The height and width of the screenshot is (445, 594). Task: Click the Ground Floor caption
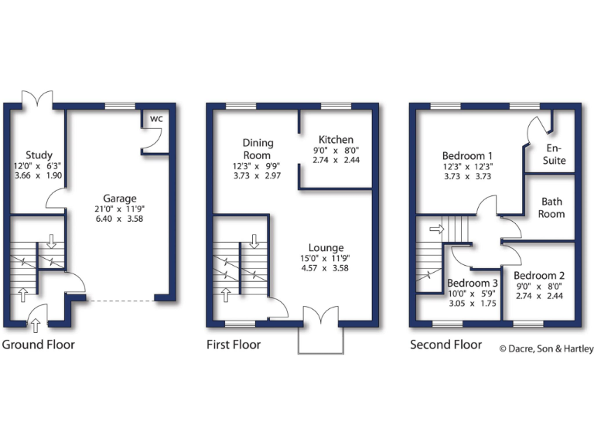point(39,345)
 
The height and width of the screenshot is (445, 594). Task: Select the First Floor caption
point(234,345)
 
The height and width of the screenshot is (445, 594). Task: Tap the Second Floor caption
point(445,345)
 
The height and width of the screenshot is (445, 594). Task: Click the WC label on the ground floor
point(156,119)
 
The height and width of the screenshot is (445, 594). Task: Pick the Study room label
point(39,155)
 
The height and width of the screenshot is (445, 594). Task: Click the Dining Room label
point(257,149)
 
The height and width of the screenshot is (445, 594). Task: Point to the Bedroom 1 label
point(468,155)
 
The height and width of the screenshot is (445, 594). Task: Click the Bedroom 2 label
point(539,276)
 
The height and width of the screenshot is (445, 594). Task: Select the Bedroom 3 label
point(472,283)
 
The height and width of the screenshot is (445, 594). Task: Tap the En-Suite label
point(555,155)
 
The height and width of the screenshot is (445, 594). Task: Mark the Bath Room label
point(552,208)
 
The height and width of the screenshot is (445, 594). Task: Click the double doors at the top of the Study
point(36,98)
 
